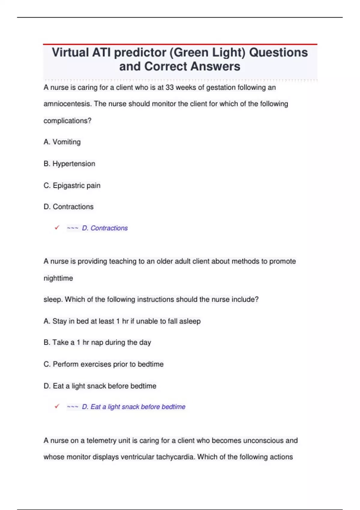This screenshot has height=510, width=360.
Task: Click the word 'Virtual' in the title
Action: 70,52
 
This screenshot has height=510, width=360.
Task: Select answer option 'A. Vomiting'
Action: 62,142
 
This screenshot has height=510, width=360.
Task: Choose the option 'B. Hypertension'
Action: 69,164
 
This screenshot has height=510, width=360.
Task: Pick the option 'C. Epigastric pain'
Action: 72,186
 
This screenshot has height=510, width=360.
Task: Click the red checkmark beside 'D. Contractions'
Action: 57,228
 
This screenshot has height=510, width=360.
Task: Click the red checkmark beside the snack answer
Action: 57,406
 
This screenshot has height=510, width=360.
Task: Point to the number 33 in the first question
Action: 169,88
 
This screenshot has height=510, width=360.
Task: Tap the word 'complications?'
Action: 67,121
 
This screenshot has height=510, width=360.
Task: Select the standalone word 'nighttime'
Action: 58,278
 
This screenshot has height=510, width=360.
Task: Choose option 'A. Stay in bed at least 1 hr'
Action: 122,321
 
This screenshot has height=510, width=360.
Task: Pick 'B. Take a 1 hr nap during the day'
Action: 97,343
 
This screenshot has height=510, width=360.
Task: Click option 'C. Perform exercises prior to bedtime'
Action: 103,364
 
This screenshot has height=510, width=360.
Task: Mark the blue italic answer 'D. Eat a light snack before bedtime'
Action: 133,407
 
